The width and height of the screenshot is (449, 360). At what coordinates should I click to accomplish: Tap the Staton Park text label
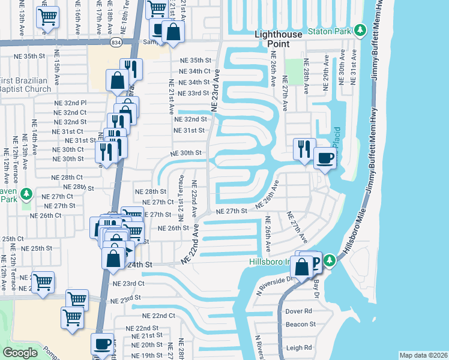tap(329, 31)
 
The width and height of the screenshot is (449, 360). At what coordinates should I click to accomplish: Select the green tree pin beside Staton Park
tap(360, 29)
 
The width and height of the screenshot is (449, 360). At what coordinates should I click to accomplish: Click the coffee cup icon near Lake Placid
tap(325, 158)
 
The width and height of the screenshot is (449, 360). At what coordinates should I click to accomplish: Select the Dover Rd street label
tap(299, 311)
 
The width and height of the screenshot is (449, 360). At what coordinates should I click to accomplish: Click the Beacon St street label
tap(301, 324)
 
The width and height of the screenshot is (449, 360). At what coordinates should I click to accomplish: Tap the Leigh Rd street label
tap(299, 347)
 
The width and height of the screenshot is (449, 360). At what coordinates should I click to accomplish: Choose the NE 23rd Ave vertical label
tap(215, 89)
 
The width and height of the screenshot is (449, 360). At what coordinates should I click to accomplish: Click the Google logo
tap(20, 352)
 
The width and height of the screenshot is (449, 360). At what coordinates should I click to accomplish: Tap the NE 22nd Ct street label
tap(158, 316)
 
